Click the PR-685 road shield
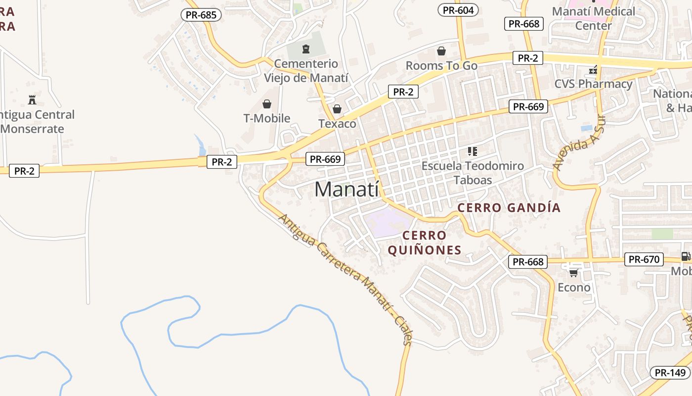[201, 15]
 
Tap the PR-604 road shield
[458, 10]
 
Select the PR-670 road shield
[644, 259]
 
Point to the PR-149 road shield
[671, 373]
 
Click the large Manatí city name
[346, 189]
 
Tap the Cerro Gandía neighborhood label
[509, 207]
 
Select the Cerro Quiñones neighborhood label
[425, 243]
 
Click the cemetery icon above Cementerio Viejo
[306, 49]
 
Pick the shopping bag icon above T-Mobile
[267, 104]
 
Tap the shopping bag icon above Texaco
[337, 109]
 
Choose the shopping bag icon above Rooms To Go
[441, 51]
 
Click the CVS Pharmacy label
[593, 84]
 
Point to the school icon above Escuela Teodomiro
[473, 151]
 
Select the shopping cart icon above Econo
[573, 272]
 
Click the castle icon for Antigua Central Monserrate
[32, 99]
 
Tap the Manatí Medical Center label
[594, 18]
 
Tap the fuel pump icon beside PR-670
[685, 256]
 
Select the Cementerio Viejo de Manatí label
[306, 71]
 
